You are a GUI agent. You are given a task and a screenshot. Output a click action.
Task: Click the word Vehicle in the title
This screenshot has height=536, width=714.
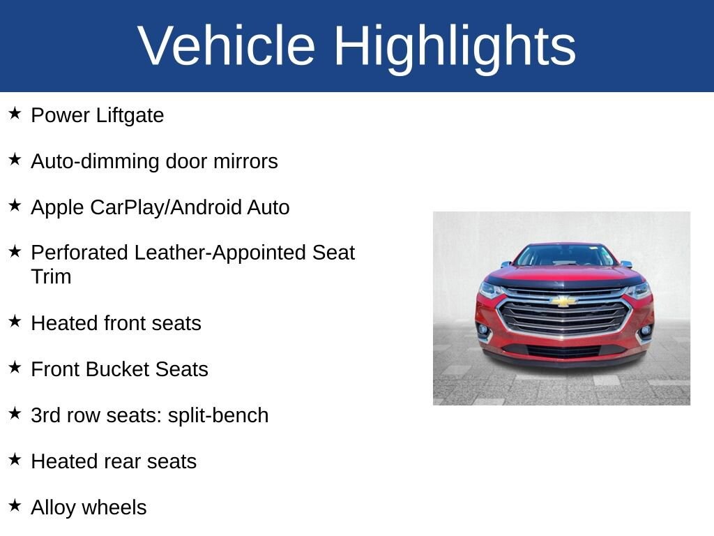[227, 45]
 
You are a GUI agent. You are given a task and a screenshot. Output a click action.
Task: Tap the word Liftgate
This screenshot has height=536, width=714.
[130, 116]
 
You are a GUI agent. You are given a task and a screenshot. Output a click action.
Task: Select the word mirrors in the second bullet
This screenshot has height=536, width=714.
[245, 161]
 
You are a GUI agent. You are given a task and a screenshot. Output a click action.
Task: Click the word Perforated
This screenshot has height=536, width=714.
[79, 253]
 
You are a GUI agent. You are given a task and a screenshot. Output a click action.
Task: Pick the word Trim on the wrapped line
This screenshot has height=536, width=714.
[51, 276]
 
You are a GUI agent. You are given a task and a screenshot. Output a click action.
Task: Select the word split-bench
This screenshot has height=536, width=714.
[218, 416]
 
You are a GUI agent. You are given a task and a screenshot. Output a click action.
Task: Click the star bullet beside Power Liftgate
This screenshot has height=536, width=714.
[15, 113]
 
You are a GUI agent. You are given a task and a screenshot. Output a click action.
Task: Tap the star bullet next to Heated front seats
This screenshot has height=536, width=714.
[15, 321]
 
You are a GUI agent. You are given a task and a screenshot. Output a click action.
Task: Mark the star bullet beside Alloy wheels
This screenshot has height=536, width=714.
[15, 505]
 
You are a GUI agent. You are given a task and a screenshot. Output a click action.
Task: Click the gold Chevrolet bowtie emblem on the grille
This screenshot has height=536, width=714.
[563, 301]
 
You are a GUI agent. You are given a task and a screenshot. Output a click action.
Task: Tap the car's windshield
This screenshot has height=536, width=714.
[565, 255]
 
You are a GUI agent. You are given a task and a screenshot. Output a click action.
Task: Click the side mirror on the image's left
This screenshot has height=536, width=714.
[506, 265]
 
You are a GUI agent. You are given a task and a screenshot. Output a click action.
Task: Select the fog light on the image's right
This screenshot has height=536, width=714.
[645, 330]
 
